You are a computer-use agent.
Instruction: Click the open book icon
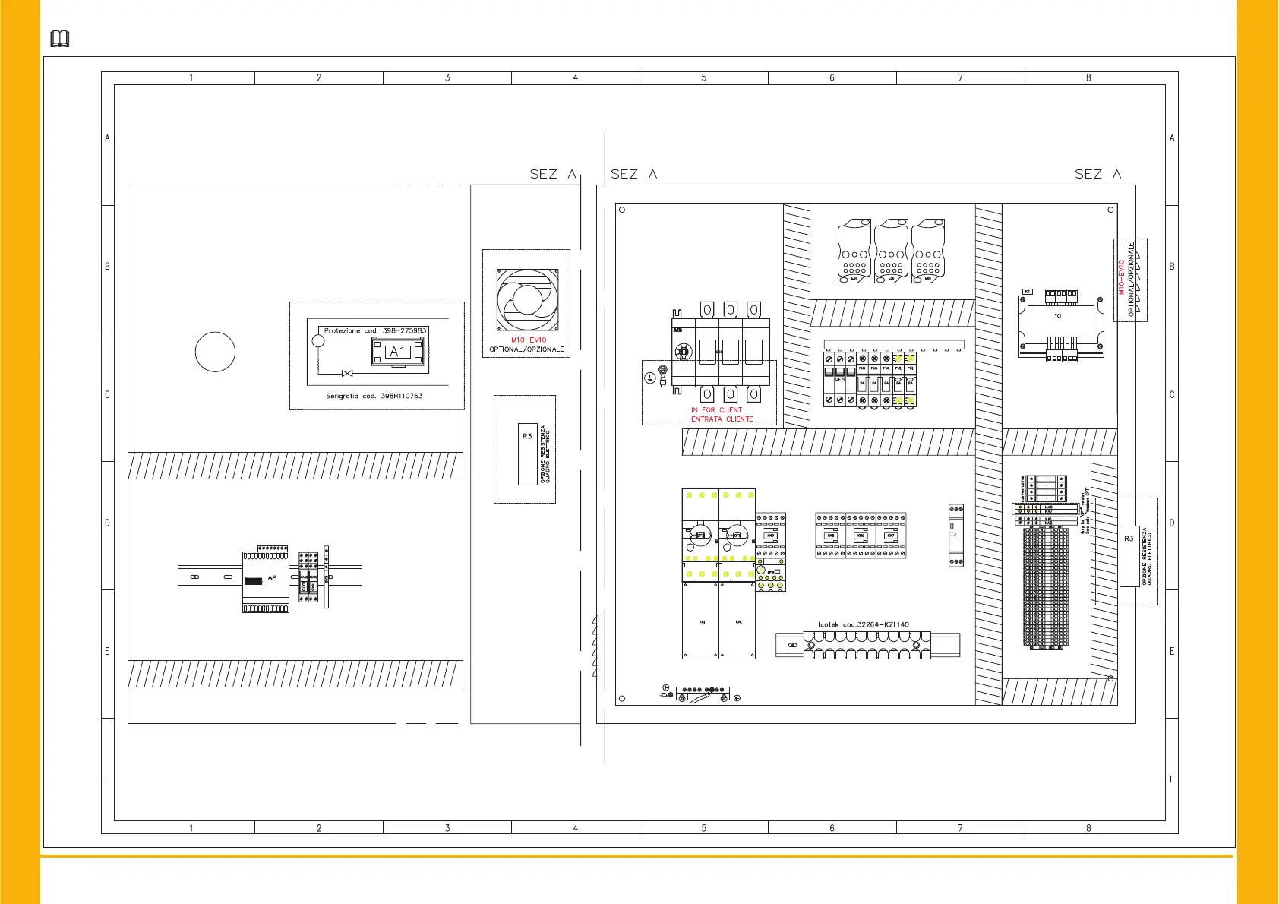(59, 39)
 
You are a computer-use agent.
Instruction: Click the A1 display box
(399, 352)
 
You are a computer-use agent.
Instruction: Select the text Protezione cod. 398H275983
(375, 330)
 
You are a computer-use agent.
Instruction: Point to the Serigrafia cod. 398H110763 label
(374, 396)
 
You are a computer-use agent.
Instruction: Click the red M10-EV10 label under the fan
(528, 340)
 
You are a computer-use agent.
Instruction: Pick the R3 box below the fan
(527, 454)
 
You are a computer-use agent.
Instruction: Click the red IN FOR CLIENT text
(716, 410)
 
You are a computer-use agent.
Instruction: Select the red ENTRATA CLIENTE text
(722, 419)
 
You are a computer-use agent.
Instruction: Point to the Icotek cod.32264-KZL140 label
(863, 625)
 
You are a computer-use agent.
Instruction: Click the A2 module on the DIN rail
(266, 579)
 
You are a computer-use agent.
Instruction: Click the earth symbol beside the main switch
(650, 378)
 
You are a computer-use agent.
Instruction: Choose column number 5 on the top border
(703, 77)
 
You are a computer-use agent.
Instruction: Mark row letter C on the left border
(107, 395)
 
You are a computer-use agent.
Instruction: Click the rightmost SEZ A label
(1097, 174)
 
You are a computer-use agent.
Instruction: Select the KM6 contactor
(861, 536)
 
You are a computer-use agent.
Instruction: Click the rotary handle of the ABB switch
(684, 352)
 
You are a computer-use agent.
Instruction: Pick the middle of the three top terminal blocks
(891, 251)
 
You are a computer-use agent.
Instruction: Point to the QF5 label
(840, 379)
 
